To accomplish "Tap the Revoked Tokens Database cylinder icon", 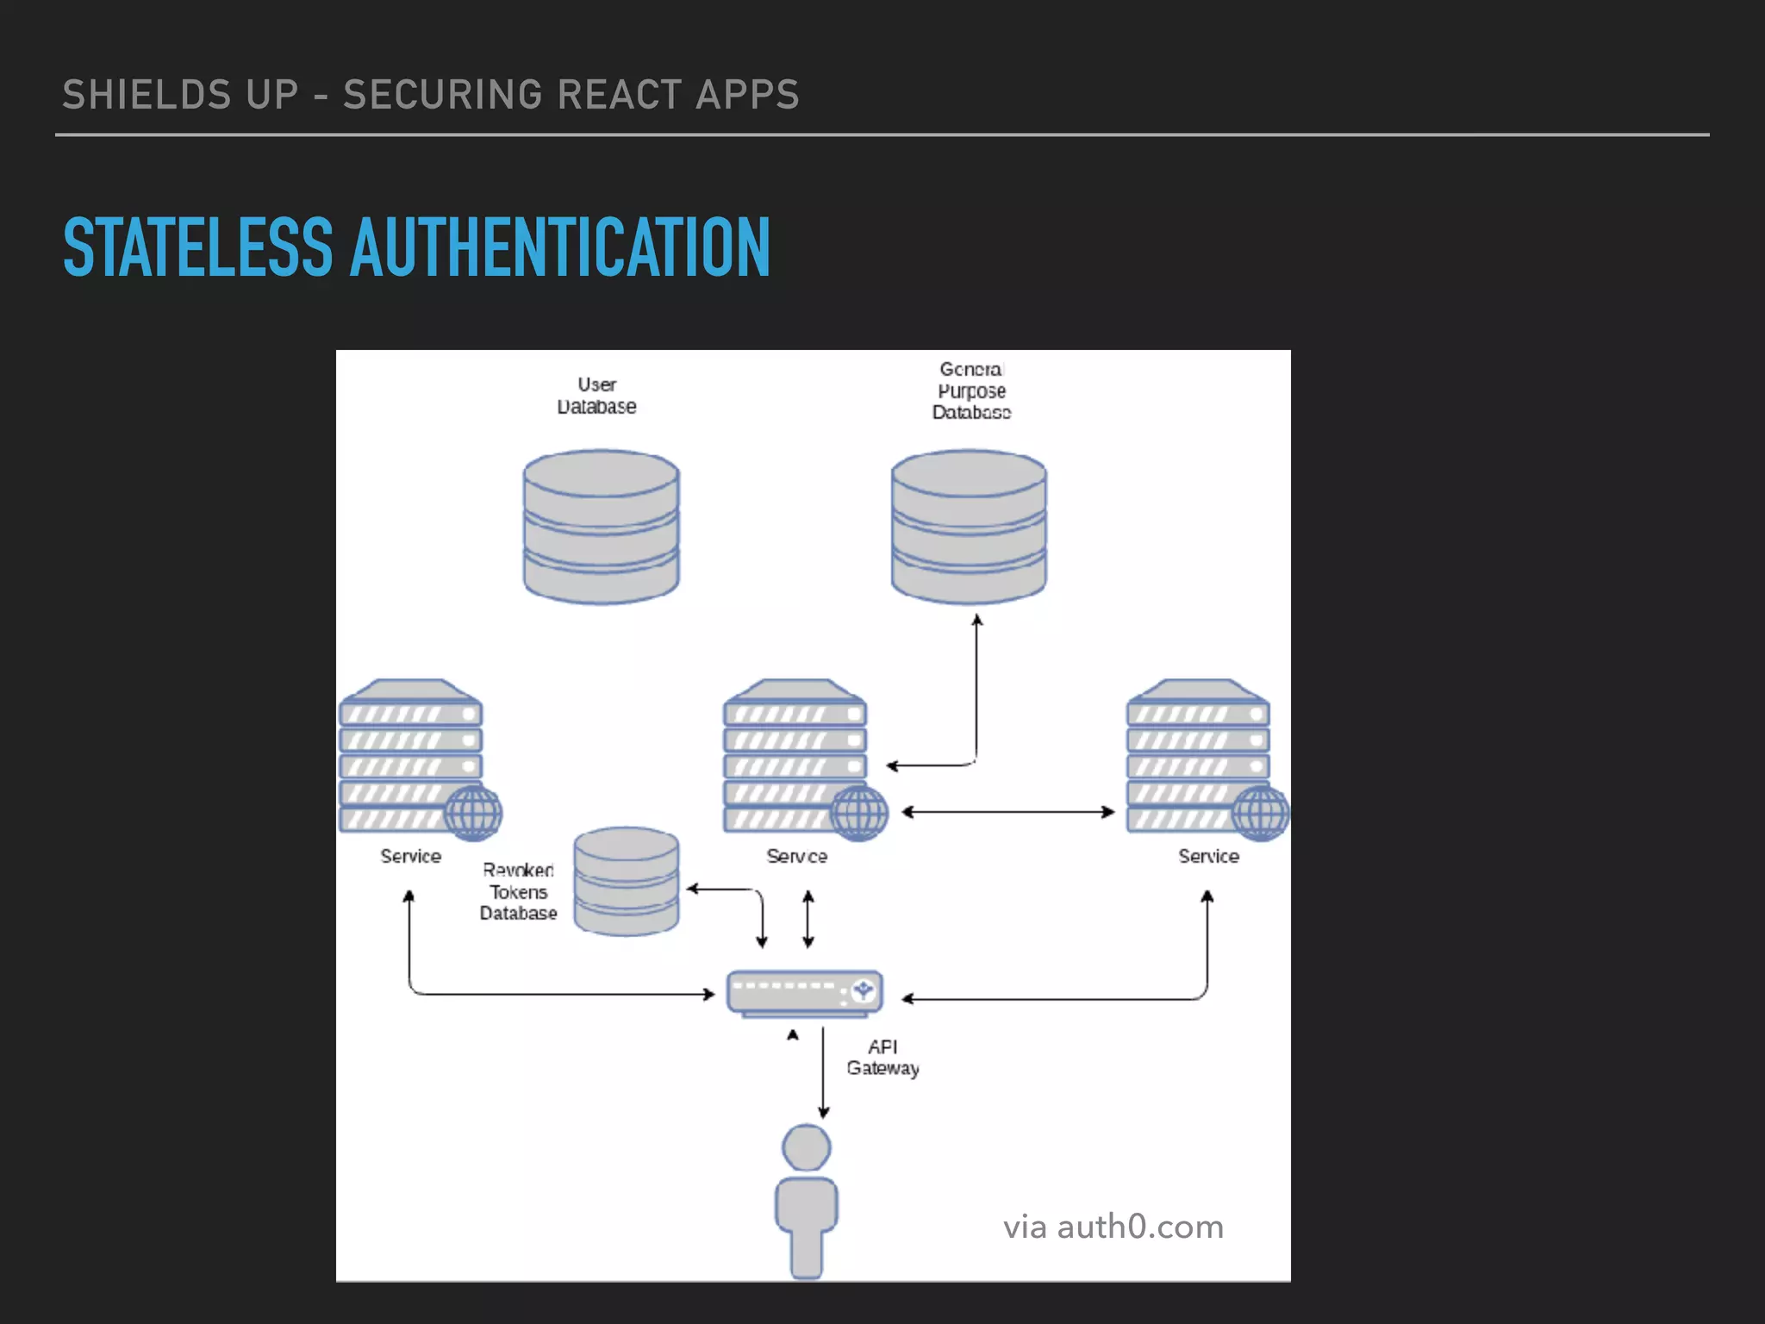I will (x=627, y=881).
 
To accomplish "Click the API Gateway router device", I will (x=805, y=992).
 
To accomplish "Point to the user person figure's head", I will (x=806, y=1147).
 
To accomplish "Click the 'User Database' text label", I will (x=596, y=396).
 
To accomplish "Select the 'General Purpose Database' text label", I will (x=971, y=390).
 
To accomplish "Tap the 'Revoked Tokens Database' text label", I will (x=518, y=891).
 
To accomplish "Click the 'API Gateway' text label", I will (x=882, y=1057).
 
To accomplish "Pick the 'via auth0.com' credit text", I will (x=1113, y=1226).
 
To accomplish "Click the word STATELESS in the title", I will (x=197, y=248).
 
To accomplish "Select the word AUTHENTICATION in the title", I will (x=559, y=248).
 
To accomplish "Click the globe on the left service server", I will (x=473, y=812).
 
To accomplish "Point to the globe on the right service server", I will (x=1260, y=812).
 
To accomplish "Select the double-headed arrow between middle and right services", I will (x=1007, y=811).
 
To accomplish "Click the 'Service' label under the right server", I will (x=1208, y=856).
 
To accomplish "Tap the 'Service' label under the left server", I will (x=410, y=856).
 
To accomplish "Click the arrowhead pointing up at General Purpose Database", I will (x=976, y=621).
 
